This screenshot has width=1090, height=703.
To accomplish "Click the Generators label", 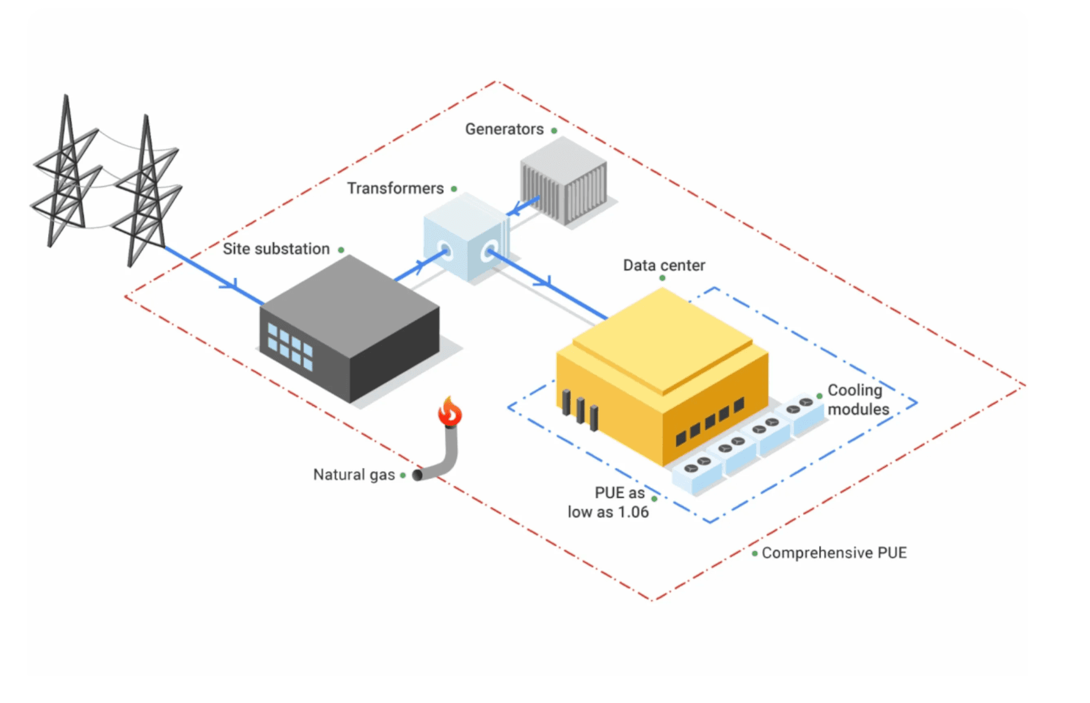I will point(504,129).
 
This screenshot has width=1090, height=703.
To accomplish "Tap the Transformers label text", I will point(396,189).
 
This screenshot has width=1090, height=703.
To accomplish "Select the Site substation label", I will point(276,249).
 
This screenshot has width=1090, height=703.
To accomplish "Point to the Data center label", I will point(664,266).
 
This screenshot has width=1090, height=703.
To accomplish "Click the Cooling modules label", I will point(858,400).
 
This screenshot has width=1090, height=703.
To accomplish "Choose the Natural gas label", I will point(354,475).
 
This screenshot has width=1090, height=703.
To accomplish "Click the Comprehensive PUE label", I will point(834,553).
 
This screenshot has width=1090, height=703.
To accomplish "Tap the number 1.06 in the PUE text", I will point(633,513).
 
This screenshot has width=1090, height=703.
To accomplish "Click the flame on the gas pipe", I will point(450,412).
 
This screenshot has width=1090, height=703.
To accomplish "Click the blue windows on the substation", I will point(289,346).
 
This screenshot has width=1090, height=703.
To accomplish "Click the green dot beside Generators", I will point(554,131).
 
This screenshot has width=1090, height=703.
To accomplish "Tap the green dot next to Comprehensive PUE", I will point(755,554).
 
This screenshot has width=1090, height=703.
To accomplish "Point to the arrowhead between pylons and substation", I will point(230,285).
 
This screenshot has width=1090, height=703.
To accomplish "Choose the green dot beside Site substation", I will point(341,250).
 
